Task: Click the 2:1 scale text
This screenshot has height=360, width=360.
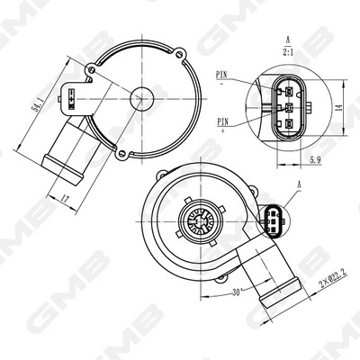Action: point(289,51)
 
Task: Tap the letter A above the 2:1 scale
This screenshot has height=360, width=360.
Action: point(289,40)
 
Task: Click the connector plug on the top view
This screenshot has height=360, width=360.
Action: point(68,97)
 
